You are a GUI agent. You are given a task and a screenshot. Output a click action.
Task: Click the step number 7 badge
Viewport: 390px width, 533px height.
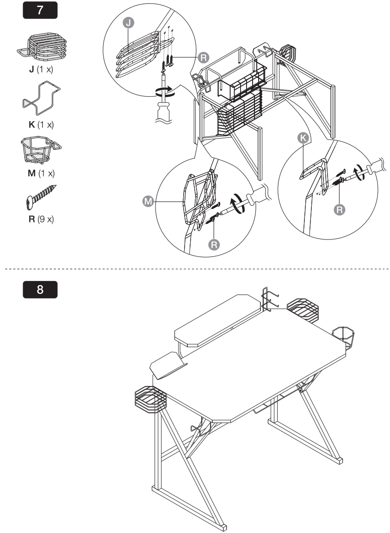pyautogui.click(x=41, y=10)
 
